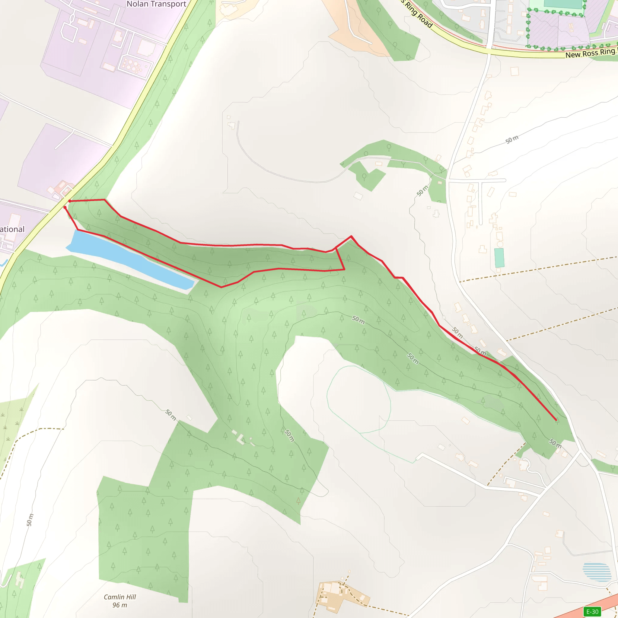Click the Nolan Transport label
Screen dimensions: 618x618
(156, 4)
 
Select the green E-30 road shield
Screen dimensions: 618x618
(592, 612)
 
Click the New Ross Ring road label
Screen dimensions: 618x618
(590, 53)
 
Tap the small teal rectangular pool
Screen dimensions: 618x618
(499, 258)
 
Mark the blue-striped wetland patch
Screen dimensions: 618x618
(597, 572)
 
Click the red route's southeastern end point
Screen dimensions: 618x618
(556, 420)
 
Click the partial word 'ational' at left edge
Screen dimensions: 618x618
(12, 229)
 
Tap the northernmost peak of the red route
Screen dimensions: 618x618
(351, 236)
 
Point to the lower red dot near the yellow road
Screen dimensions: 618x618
(65, 207)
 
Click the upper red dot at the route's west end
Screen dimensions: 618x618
(70, 201)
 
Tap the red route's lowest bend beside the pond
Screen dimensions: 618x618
(221, 287)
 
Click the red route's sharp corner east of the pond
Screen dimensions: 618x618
(344, 270)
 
